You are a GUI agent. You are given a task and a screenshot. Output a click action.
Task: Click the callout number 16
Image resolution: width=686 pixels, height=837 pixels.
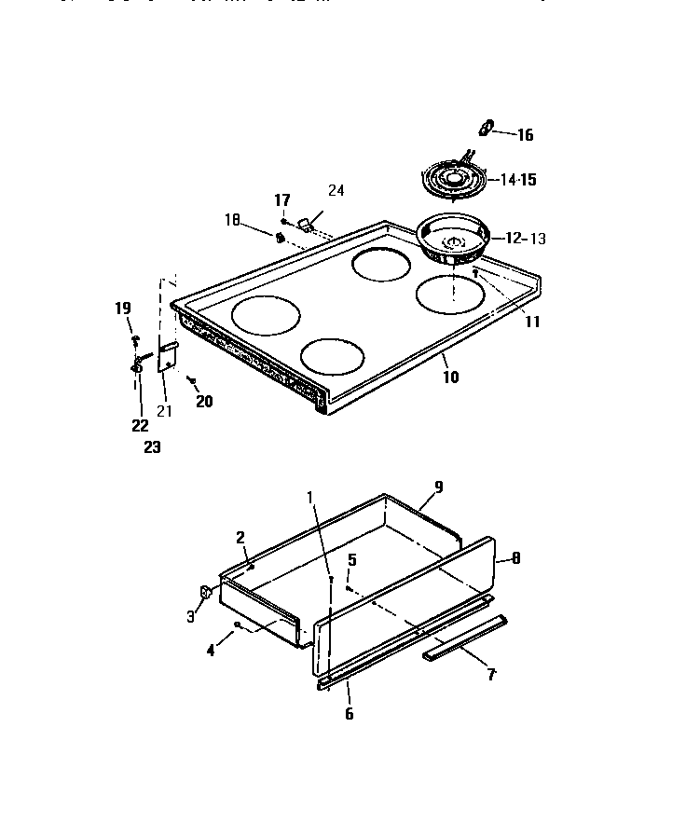pyautogui.click(x=524, y=135)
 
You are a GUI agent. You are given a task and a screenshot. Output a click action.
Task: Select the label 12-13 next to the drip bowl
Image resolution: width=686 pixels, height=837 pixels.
pyautogui.click(x=525, y=239)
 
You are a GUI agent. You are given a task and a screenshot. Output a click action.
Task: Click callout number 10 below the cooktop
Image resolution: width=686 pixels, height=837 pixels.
pyautogui.click(x=450, y=377)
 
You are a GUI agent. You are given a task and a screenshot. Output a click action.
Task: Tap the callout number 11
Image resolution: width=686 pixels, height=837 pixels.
pyautogui.click(x=531, y=322)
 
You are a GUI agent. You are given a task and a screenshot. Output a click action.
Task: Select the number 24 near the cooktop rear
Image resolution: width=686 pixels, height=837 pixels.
pyautogui.click(x=336, y=191)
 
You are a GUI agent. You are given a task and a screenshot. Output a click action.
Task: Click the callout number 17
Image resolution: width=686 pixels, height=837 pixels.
pyautogui.click(x=281, y=200)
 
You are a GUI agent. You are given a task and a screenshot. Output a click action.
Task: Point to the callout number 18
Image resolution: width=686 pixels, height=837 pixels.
pyautogui.click(x=232, y=220)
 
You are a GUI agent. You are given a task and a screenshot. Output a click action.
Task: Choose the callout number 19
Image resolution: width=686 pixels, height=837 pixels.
pyautogui.click(x=123, y=309)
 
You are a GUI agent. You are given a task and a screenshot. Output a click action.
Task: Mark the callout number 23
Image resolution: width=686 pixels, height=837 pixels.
pyautogui.click(x=152, y=447)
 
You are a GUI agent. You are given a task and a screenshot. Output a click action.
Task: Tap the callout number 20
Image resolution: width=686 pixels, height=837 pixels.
pyautogui.click(x=204, y=402)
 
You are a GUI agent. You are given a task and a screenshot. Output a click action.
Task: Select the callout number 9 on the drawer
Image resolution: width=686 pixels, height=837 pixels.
pyautogui.click(x=438, y=487)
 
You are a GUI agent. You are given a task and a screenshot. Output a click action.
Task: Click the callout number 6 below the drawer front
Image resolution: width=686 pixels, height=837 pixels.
pyautogui.click(x=350, y=714)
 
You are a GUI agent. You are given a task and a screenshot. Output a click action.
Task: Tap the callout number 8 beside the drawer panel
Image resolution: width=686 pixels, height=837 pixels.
pyautogui.click(x=515, y=559)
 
